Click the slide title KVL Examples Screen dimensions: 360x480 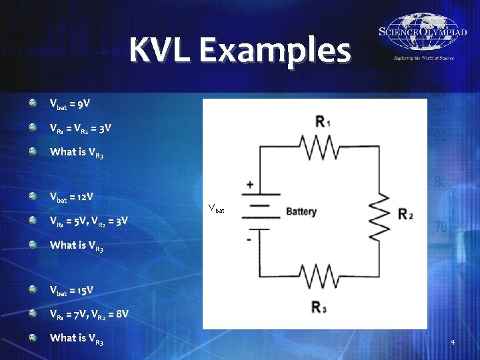click(240, 50)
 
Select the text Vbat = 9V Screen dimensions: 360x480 click(70, 104)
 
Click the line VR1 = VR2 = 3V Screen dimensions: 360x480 click(75, 127)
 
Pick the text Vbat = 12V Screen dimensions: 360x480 click(71, 197)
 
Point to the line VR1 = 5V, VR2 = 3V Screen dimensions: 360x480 click(89, 221)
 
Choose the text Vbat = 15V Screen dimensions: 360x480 click(71, 290)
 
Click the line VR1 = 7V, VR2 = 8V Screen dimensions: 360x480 click(89, 313)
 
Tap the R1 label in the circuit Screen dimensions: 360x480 click(323, 122)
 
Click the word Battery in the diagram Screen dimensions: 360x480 click(301, 212)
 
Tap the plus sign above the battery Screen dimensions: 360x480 click(250, 184)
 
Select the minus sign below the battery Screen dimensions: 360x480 click(249, 238)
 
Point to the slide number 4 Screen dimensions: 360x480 click(453, 343)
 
